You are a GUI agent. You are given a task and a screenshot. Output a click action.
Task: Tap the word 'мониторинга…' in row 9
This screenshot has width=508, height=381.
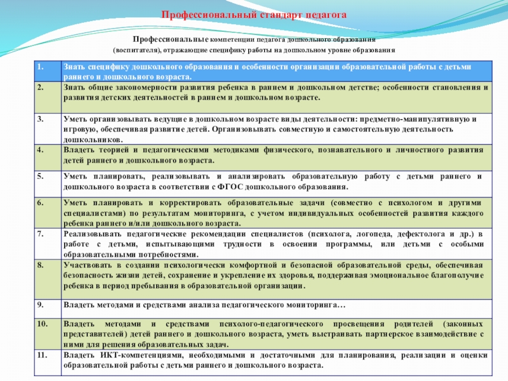pyautogui.click(x=318, y=305)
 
